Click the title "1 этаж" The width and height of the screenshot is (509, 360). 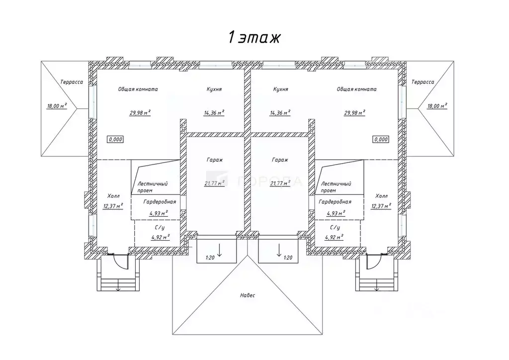tap(254, 37)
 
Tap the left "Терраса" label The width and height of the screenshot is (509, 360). tap(72, 82)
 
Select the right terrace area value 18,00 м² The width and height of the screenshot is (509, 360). tap(436, 105)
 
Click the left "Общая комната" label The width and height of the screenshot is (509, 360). tap(138, 90)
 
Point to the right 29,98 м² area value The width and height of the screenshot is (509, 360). tap(355, 112)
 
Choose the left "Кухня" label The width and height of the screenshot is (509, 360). tap(214, 90)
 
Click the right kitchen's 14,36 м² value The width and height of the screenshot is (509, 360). tap(280, 112)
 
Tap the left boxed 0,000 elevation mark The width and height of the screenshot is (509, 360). tap(115, 140)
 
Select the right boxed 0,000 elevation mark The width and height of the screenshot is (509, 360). tap(380, 140)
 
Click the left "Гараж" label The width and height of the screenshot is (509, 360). tap(215, 160)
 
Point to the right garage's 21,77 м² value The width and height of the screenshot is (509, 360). tap(281, 182)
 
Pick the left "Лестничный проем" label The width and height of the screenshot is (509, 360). tap(152, 187)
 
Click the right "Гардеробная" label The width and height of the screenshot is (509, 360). tap(335, 202)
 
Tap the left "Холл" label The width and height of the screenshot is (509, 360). tap(113, 196)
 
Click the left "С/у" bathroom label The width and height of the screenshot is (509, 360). tap(160, 227)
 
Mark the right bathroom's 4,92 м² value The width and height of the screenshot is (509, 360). tap(335, 237)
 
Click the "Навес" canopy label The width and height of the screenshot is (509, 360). tap(247, 295)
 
